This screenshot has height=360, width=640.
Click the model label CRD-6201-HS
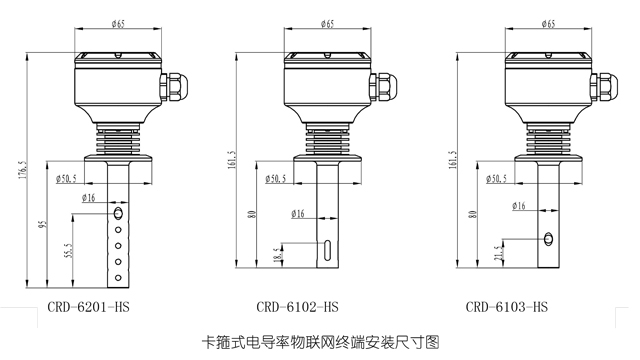[x=88, y=307]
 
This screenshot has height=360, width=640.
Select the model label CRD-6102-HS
[x=297, y=307]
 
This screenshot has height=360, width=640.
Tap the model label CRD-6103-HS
[x=507, y=307]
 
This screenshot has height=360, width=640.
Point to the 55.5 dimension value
[x=69, y=251]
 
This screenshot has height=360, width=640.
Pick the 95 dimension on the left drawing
[x=44, y=224]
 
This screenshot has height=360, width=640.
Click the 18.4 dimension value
[x=278, y=254]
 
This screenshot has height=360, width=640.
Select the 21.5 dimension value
[x=498, y=254]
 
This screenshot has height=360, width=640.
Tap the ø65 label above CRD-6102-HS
[x=327, y=23]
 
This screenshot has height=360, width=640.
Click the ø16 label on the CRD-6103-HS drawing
[x=519, y=206]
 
